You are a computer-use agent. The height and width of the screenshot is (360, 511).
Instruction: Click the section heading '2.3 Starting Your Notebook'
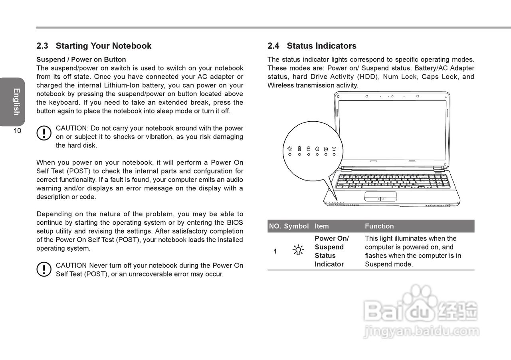(94, 46)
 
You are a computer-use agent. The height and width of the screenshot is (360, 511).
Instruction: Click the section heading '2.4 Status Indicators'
(312, 46)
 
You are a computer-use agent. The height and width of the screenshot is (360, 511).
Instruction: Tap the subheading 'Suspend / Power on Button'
(81, 59)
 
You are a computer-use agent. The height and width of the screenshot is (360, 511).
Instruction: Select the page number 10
(17, 131)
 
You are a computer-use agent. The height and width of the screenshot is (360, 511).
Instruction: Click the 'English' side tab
(16, 102)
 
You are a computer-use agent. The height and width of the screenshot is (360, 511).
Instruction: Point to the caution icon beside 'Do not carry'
(44, 133)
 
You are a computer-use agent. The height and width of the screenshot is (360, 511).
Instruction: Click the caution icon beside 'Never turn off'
(44, 269)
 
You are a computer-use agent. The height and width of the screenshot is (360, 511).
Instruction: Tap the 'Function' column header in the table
(379, 226)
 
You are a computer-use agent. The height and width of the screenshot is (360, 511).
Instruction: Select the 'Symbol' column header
(296, 226)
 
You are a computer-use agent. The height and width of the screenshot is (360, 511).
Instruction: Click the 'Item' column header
(322, 226)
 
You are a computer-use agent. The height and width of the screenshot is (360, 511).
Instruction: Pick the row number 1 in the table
(275, 251)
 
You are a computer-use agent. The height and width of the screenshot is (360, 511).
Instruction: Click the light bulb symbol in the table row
(298, 250)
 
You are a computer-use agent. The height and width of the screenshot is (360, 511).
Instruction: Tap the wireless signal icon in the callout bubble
(334, 149)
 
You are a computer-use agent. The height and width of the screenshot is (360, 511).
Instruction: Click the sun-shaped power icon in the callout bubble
(290, 149)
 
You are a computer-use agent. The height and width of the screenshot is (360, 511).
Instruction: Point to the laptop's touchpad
(380, 196)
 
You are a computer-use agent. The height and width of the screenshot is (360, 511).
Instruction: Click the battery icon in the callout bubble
(299, 149)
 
